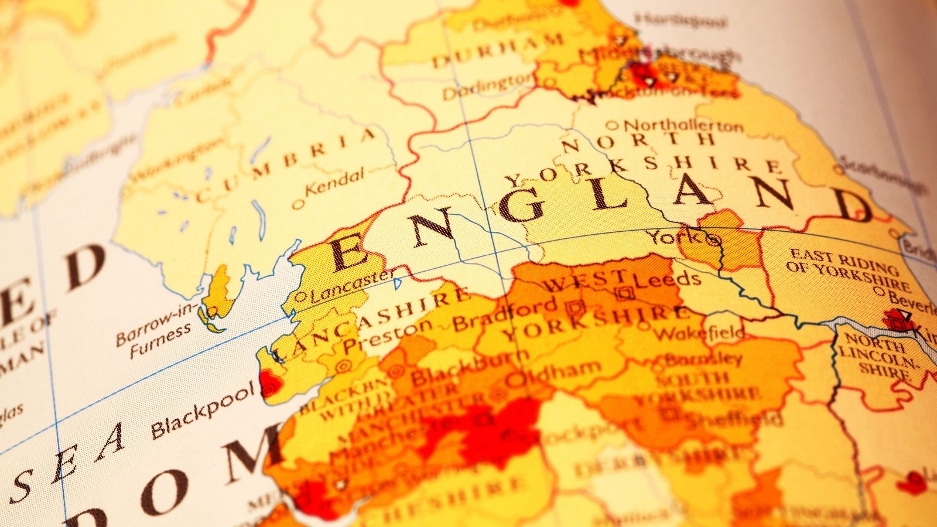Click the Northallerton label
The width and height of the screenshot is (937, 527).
pos(682,125)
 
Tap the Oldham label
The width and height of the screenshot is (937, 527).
pos(553,372)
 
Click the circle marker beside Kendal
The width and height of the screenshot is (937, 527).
pos(298,204)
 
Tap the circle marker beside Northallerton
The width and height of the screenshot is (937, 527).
pos(612,125)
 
